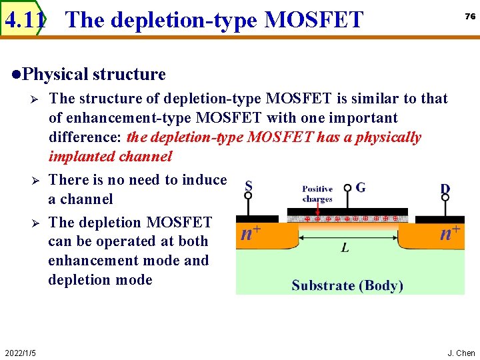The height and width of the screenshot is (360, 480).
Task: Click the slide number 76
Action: (x=470, y=17)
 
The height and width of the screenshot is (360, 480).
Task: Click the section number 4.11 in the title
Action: (x=25, y=20)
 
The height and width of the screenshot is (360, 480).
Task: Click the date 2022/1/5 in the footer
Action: (x=20, y=353)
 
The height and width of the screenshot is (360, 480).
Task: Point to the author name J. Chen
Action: (x=461, y=353)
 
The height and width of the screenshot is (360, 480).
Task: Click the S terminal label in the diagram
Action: (x=249, y=187)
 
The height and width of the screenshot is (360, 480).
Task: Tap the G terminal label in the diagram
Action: (x=361, y=187)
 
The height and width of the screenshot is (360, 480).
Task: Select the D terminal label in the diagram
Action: (x=445, y=189)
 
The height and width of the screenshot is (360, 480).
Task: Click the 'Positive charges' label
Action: (x=317, y=194)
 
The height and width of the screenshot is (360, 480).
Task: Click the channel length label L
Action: (x=345, y=248)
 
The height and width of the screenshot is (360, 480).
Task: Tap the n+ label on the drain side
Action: (x=450, y=233)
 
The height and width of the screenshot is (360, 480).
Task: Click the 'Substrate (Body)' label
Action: (x=347, y=285)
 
